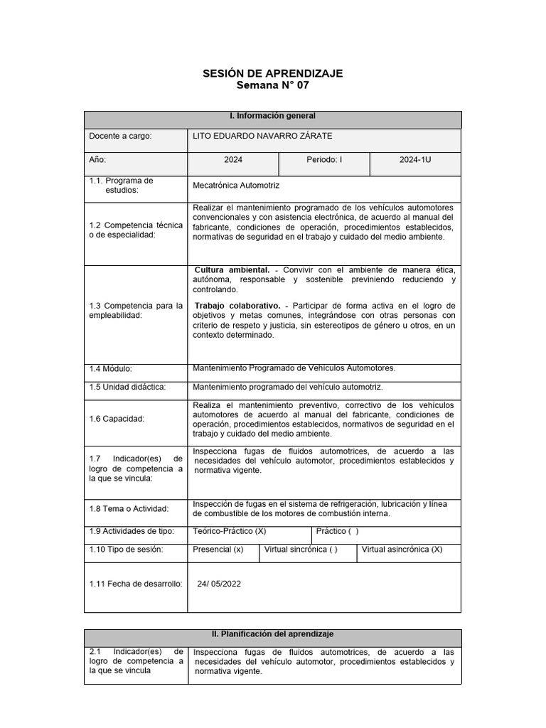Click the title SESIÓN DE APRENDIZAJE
pos(273,73)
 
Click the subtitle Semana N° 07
pos(273,85)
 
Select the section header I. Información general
pos(273,116)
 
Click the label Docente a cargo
pos(120,136)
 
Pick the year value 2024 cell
pos(233,160)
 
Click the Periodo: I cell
pos(324,160)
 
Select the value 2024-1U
pos(415,160)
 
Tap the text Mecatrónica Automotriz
pos(237,185)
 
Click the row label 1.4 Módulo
pos(112,368)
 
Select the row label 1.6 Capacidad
pos(117,419)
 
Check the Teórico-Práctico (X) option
pos(230,531)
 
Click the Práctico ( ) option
pos(338,531)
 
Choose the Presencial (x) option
pos(218,550)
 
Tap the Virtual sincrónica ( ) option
pos(301,550)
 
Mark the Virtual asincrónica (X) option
pos(402,550)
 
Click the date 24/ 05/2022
pos(219,584)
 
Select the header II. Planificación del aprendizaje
pos(273,633)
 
